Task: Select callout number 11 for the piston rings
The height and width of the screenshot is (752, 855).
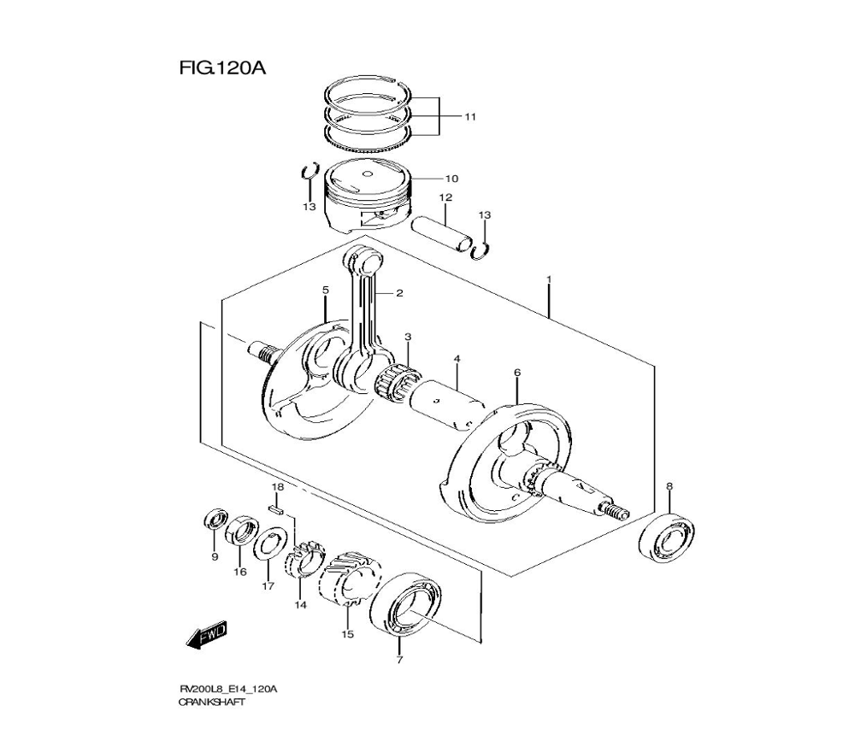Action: (469, 116)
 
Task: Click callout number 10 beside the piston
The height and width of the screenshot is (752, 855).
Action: (451, 179)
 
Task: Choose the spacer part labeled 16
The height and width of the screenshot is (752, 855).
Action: (243, 530)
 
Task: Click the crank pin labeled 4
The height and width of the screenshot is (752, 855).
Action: (449, 402)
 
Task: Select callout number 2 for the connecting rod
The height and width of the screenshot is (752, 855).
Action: (399, 293)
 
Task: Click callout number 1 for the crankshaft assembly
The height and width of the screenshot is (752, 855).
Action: (549, 280)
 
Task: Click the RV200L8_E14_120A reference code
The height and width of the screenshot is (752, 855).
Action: (227, 688)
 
